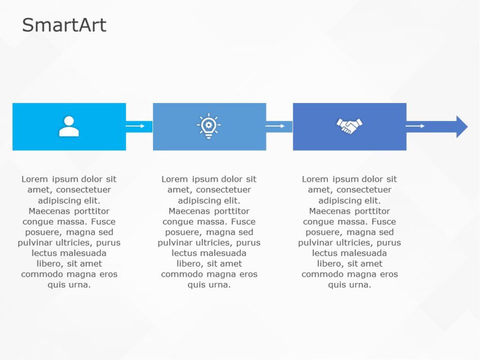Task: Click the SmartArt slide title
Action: (x=64, y=25)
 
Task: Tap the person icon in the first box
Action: (x=69, y=127)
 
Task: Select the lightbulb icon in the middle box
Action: (x=209, y=126)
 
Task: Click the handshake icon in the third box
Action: (x=349, y=126)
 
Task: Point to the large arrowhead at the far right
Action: (x=461, y=127)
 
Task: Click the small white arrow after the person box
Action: (x=135, y=126)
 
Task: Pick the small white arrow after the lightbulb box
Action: (x=275, y=126)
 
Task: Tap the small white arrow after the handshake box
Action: (x=415, y=126)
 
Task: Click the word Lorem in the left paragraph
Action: (x=34, y=179)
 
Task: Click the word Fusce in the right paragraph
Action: (x=383, y=222)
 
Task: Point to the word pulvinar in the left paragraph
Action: (x=35, y=242)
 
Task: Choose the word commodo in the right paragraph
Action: (x=321, y=274)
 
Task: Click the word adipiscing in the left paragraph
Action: (x=59, y=200)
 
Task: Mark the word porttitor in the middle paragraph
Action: (x=231, y=211)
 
